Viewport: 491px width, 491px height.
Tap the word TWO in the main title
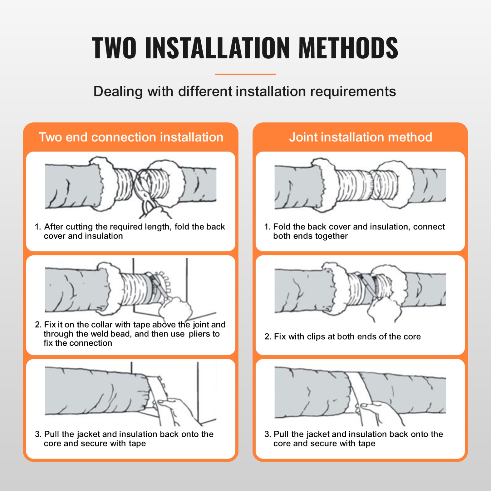pyautogui.click(x=114, y=48)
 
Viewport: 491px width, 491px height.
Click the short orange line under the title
pyautogui.click(x=245, y=74)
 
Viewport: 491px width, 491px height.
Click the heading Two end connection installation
pyautogui.click(x=131, y=137)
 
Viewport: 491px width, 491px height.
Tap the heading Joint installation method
pyautogui.click(x=360, y=137)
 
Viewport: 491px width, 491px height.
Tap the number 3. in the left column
pyautogui.click(x=38, y=434)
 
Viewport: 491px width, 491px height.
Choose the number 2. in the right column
pyautogui.click(x=268, y=336)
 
